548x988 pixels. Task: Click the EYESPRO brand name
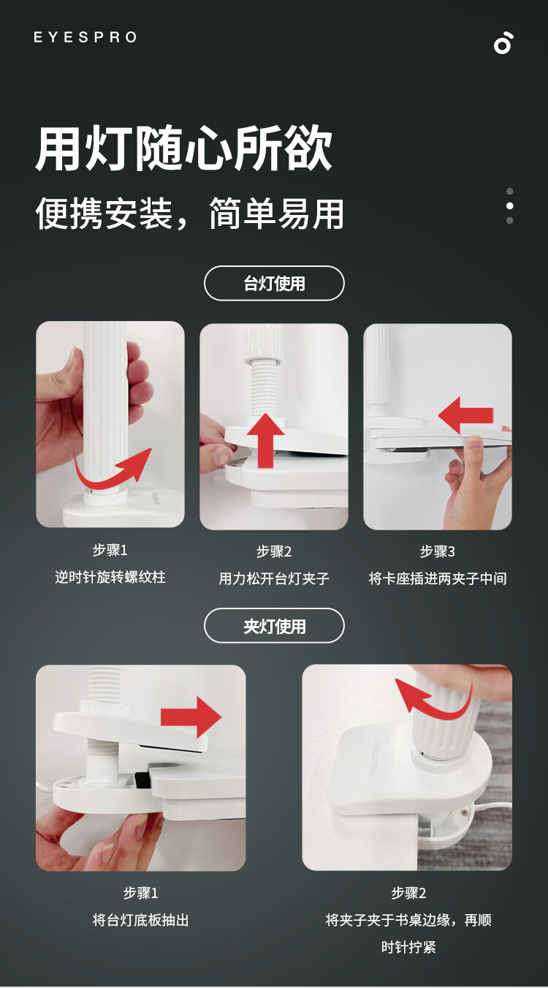[x=85, y=37]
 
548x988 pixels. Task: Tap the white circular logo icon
[x=503, y=43]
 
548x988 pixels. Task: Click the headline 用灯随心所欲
[x=183, y=148]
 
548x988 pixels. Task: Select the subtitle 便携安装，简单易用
[x=189, y=214]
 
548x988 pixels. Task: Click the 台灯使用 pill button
[x=274, y=283]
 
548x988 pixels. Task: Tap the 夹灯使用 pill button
[x=274, y=626]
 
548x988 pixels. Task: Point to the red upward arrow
[x=266, y=440]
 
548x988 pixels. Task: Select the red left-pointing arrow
[x=465, y=415]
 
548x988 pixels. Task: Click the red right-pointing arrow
[x=191, y=717]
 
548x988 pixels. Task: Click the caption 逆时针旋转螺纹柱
[x=110, y=577]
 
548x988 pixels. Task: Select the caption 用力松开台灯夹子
[x=274, y=578]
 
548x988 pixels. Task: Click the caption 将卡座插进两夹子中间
[x=438, y=578]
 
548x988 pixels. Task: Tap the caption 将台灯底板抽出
[x=140, y=921]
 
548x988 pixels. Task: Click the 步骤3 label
[x=438, y=551]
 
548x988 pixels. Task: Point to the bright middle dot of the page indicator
[x=510, y=205]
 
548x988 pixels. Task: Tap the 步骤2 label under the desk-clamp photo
[x=408, y=894]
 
